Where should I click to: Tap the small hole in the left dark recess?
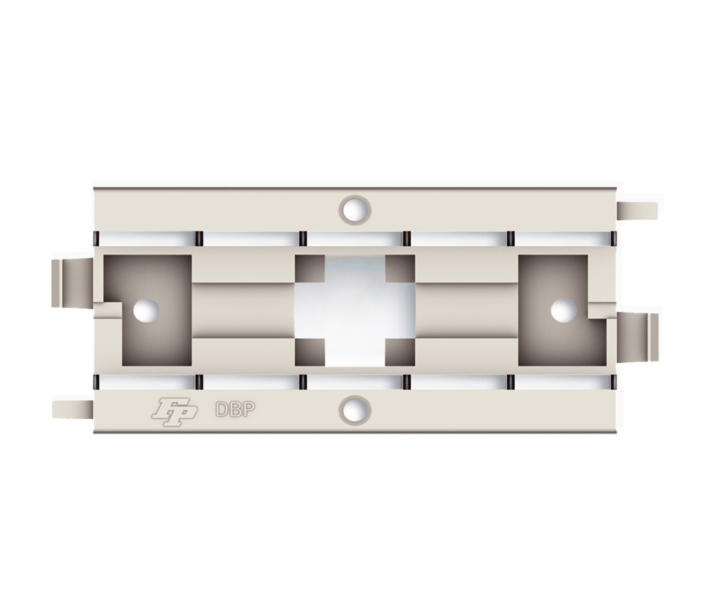click(146, 309)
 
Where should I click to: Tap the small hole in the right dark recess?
click(563, 310)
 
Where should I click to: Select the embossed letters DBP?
click(235, 410)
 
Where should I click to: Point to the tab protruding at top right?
click(637, 211)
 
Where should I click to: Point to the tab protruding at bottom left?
click(72, 409)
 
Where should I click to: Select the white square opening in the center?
click(355, 310)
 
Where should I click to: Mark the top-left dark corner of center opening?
click(310, 268)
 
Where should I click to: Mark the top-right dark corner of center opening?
click(400, 268)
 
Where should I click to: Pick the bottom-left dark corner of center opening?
click(310, 352)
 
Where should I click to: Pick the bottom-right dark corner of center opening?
click(400, 352)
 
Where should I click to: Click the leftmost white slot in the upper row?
click(146, 239)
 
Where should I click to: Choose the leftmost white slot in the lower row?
click(146, 381)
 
